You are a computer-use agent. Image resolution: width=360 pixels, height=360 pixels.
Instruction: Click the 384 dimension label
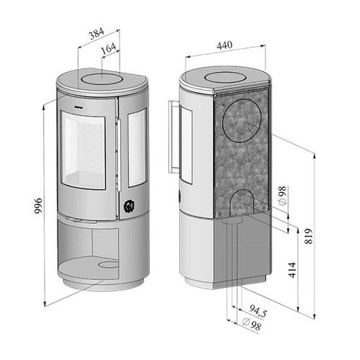(x=96, y=33)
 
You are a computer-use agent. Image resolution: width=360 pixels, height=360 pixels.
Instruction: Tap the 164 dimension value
(x=109, y=48)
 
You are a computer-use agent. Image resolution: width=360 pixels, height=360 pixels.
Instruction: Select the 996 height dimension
(x=38, y=206)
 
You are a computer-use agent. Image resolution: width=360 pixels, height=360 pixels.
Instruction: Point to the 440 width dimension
(x=225, y=45)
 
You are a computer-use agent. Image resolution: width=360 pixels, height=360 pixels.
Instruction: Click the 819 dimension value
(x=309, y=236)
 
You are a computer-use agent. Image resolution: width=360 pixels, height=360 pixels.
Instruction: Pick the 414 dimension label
(x=292, y=270)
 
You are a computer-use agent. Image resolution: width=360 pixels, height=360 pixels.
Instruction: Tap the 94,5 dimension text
(x=258, y=311)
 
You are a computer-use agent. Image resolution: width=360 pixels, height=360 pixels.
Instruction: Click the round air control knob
(x=129, y=206)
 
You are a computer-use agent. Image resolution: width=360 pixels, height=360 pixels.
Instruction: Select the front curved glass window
(x=83, y=150)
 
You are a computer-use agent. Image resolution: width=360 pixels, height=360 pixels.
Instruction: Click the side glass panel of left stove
(x=138, y=148)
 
